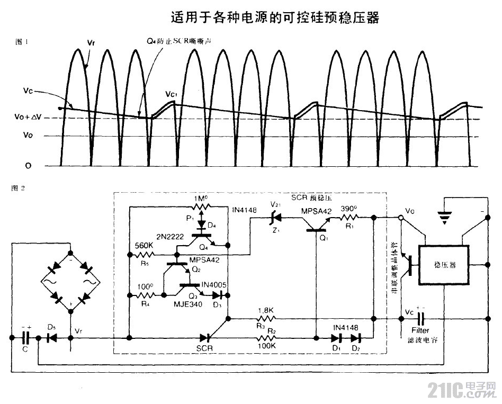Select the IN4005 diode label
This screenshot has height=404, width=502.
click(x=214, y=285)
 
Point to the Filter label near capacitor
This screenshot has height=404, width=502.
click(x=422, y=330)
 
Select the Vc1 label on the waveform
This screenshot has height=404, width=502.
click(x=170, y=95)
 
